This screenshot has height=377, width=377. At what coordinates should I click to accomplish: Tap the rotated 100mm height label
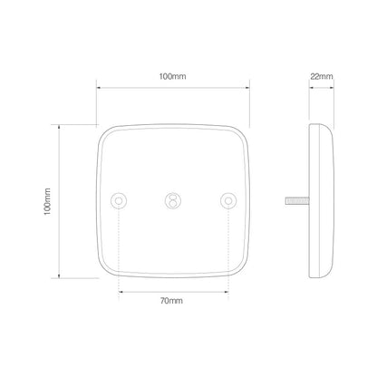tap(46, 202)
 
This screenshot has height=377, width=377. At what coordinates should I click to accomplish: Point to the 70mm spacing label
tap(172, 300)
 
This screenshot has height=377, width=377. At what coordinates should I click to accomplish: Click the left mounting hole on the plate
tap(119, 200)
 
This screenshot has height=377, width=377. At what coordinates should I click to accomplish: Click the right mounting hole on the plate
tap(227, 200)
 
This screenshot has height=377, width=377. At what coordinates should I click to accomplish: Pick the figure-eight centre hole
tap(173, 200)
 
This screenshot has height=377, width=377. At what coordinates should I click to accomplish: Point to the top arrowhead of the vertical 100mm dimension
tap(60, 128)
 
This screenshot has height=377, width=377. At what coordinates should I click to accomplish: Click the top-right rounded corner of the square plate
tap(241, 132)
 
